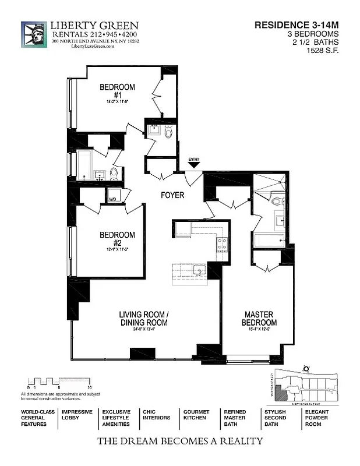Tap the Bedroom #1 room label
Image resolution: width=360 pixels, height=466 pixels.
point(117,91)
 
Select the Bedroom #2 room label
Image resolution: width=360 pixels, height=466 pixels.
point(117,239)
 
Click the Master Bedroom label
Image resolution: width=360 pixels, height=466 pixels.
point(260,319)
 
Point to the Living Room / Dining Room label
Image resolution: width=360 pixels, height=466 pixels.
point(143,319)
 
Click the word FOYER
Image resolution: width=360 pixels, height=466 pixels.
point(172,195)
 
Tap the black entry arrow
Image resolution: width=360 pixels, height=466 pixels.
point(193,166)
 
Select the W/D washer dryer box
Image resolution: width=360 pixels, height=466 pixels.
point(112,196)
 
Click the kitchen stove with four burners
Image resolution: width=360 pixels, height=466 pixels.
point(223,243)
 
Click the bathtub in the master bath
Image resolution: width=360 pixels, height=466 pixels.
point(269,240)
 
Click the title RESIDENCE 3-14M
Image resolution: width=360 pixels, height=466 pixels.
point(297,25)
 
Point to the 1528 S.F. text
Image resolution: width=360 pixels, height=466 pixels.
point(322,51)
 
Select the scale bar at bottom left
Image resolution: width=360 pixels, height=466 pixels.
point(58,382)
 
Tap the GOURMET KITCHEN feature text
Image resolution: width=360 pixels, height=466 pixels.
point(196,414)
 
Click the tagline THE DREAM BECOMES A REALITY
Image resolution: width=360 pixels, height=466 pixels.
point(179,441)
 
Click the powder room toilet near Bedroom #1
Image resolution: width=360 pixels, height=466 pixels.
point(168,132)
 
